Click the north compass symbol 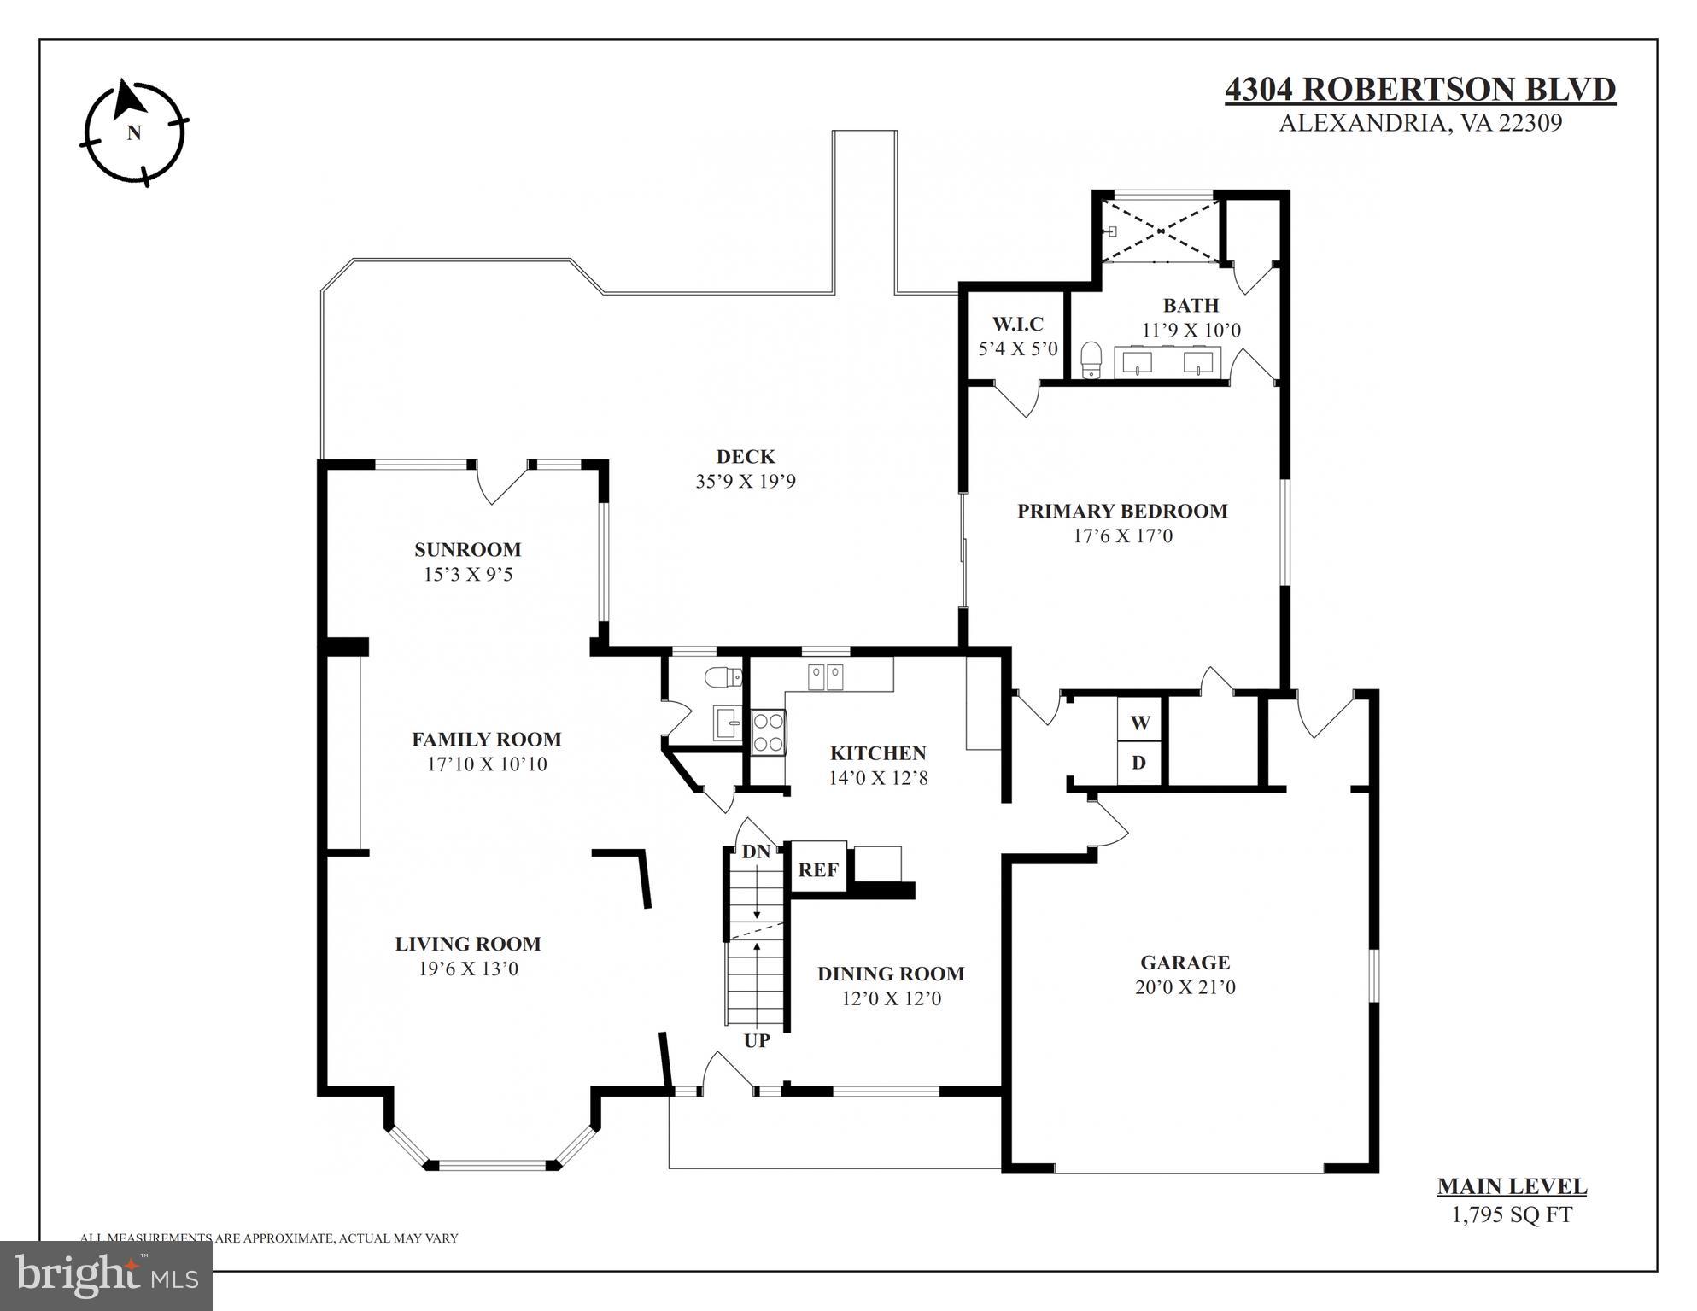pyautogui.click(x=134, y=132)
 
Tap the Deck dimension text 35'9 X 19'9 pyautogui.click(x=745, y=481)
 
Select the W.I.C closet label pyautogui.click(x=1017, y=325)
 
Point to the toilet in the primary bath pyautogui.click(x=1091, y=360)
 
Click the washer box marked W pyautogui.click(x=1139, y=723)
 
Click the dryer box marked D pyautogui.click(x=1139, y=763)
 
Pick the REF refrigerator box pyautogui.click(x=817, y=869)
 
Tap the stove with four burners pyautogui.click(x=768, y=732)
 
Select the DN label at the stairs pyautogui.click(x=756, y=852)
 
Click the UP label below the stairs pyautogui.click(x=757, y=1040)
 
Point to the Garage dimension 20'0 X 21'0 pyautogui.click(x=1185, y=987)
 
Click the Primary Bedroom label pyautogui.click(x=1121, y=511)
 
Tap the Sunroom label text pyautogui.click(x=467, y=549)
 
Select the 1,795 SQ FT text pyautogui.click(x=1512, y=1214)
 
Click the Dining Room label pyautogui.click(x=890, y=974)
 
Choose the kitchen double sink pyautogui.click(x=825, y=676)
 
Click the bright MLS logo pyautogui.click(x=107, y=1275)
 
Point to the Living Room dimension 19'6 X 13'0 pyautogui.click(x=468, y=969)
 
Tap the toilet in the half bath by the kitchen pyautogui.click(x=723, y=677)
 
